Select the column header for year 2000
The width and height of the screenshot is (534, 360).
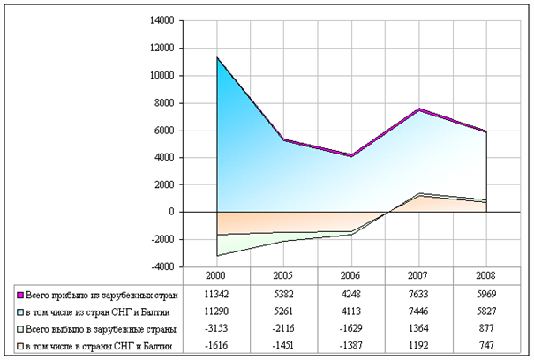tap(215, 275)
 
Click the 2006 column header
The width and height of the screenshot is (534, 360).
tap(350, 275)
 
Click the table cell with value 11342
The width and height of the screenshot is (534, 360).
tap(215, 293)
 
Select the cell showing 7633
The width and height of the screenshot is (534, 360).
tap(418, 293)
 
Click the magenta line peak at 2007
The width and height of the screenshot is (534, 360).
tap(418, 109)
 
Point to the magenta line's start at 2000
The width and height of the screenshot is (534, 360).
tap(216, 57)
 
